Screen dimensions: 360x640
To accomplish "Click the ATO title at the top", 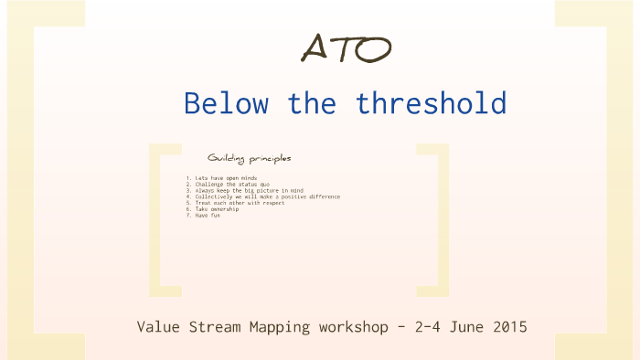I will pos(346,48).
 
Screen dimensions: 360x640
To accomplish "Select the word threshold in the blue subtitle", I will pos(431,103).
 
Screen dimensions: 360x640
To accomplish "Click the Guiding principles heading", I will pos(249,157).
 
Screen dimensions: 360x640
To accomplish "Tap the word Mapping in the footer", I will pos(276,326).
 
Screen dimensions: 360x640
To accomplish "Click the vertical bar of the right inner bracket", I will pos(444,219).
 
